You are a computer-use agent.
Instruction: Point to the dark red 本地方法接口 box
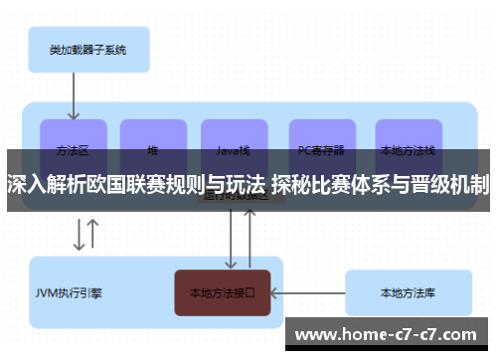[x=223, y=293]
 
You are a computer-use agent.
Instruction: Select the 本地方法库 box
[x=407, y=293]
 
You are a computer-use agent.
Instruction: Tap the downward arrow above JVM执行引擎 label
[x=78, y=235]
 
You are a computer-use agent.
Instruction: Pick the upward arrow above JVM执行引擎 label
[x=92, y=235]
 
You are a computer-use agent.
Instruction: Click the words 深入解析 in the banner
[x=39, y=184]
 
